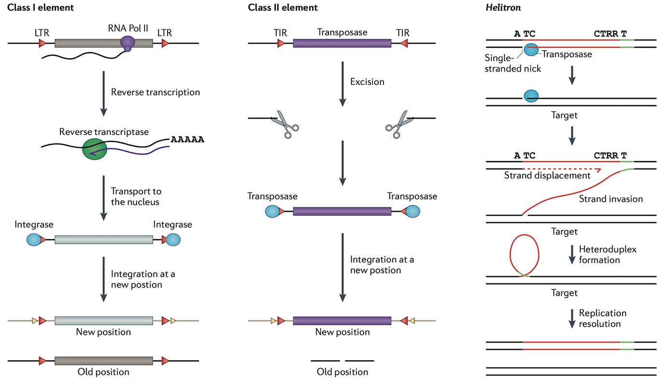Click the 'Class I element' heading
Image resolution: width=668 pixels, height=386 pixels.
click(41, 8)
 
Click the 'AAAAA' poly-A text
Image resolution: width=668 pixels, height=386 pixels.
click(187, 140)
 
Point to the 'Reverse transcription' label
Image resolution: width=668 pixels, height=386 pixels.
click(155, 92)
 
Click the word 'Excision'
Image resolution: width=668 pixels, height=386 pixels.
click(367, 82)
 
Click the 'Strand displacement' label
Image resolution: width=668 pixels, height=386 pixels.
click(547, 176)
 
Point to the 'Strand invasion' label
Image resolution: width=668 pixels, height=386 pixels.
click(611, 198)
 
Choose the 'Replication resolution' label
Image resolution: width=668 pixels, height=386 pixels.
click(602, 318)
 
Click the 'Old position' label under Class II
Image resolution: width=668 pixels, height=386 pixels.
click(342, 372)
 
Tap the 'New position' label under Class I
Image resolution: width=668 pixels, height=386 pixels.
click(103, 332)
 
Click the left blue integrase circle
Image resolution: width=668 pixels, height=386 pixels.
click(34, 240)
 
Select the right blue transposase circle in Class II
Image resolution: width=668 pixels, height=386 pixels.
click(412, 211)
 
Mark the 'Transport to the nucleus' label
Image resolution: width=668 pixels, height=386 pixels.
click(136, 196)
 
